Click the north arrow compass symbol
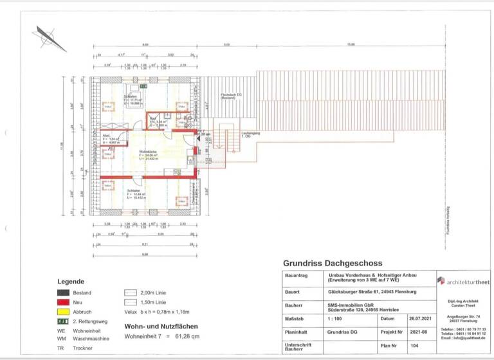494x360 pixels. point(51,38)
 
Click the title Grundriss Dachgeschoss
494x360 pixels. point(333,263)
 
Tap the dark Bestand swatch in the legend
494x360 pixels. point(64,291)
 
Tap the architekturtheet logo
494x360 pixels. point(463,280)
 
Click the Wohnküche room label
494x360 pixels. point(149,152)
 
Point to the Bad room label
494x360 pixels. point(154,119)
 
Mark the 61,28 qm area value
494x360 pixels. point(187,336)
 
